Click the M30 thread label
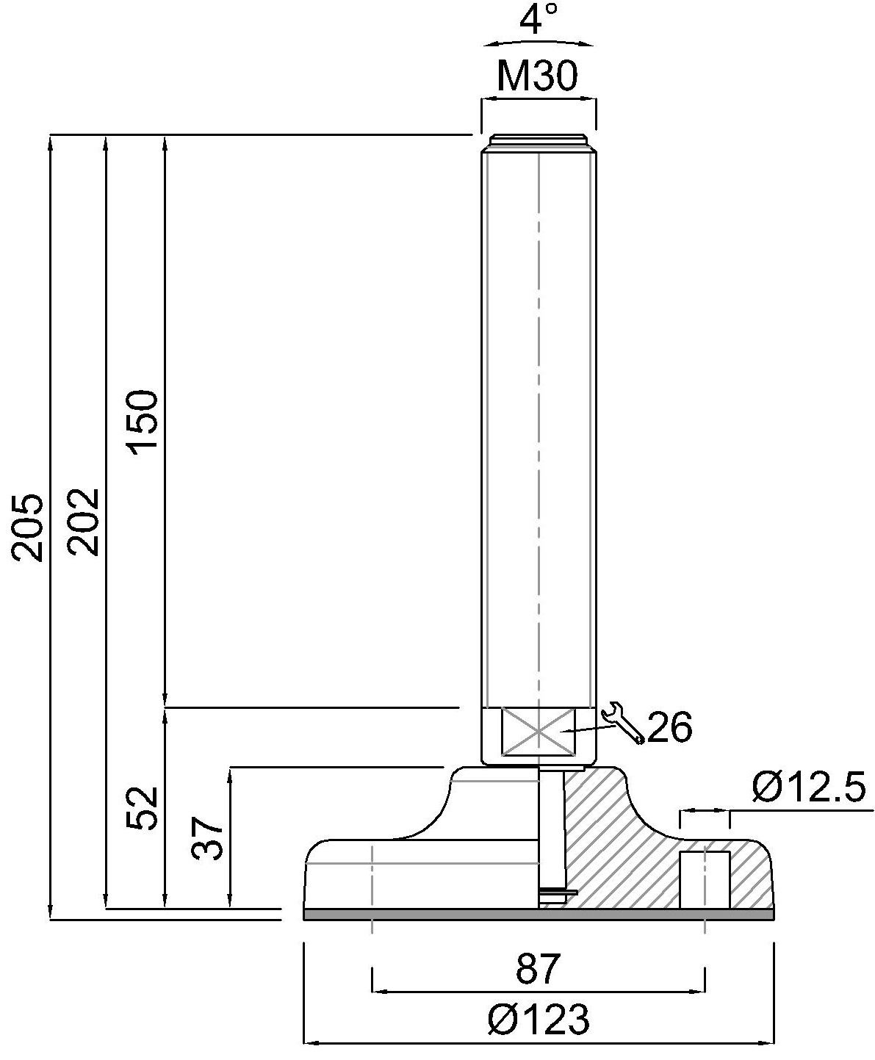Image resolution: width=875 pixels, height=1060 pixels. [537, 76]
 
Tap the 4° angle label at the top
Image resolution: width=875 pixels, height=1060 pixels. [540, 20]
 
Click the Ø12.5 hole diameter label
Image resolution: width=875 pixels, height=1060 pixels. [809, 788]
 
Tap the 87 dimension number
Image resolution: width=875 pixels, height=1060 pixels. [538, 970]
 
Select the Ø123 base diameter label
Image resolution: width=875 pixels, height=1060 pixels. [539, 1020]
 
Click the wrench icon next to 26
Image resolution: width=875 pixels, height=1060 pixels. [622, 723]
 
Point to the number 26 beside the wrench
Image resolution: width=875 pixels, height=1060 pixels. [669, 728]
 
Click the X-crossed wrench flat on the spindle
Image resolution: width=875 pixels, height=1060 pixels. [538, 731]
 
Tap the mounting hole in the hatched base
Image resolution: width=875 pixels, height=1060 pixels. [705, 879]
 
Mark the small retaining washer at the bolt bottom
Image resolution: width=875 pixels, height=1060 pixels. [557, 893]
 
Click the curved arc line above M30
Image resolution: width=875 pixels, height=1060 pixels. [539, 41]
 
